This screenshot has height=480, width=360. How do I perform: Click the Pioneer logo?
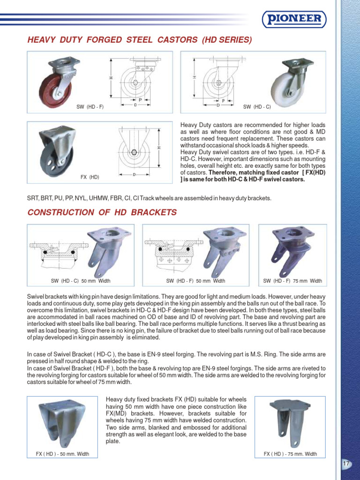click(x=293, y=19)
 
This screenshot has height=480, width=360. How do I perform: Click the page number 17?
click(x=346, y=464)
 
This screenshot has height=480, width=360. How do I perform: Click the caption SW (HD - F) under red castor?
click(x=90, y=107)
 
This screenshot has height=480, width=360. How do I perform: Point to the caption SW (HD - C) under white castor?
click(x=257, y=107)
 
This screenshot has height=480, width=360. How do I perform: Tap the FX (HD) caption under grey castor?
click(x=90, y=177)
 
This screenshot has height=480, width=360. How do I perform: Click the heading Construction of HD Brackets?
click(x=102, y=212)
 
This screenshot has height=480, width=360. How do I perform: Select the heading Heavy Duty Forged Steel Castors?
click(x=140, y=40)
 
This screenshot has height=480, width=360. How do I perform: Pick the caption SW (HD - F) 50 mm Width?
click(x=195, y=281)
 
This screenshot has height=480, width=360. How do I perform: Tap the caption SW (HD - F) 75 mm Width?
click(x=292, y=281)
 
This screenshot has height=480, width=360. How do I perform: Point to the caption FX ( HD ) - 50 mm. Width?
click(x=62, y=454)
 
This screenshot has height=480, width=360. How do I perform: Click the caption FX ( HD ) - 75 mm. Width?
click(x=290, y=454)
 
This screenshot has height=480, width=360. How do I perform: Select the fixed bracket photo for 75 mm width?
click(x=289, y=423)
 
